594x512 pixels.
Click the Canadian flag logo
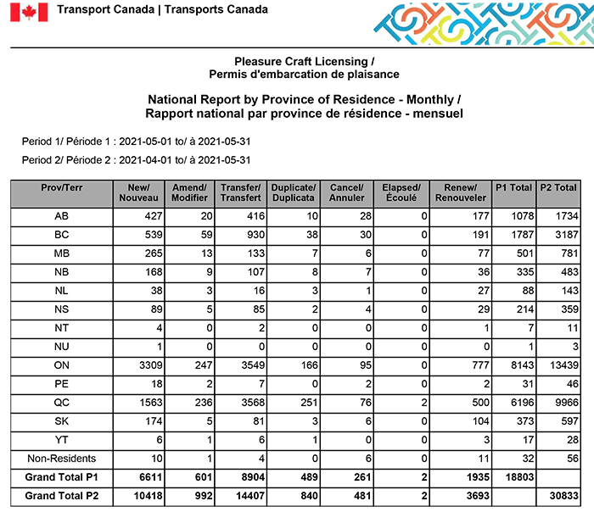pyautogui.click(x=28, y=12)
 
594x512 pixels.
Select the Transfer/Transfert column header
pyautogui.click(x=240, y=193)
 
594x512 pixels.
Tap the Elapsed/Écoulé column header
pyautogui.click(x=401, y=193)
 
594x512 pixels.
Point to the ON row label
pyautogui.click(x=62, y=365)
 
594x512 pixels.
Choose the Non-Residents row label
pyautogui.click(x=62, y=459)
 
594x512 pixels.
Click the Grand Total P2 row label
pyautogui.click(x=62, y=496)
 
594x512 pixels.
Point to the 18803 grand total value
pyautogui.click(x=514, y=477)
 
